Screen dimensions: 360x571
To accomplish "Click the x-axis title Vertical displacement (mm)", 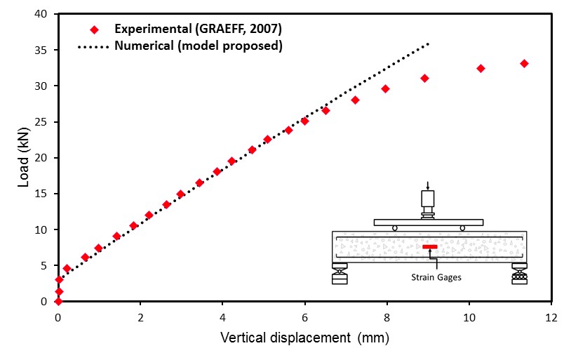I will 304,338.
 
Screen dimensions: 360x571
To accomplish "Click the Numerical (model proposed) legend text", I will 199,47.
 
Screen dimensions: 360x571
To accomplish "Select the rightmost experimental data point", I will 524,63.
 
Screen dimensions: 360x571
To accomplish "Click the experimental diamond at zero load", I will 58,301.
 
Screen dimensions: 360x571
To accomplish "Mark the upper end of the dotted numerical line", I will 429,43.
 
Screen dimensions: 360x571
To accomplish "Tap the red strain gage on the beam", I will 430,246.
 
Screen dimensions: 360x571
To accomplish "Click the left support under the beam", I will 340,274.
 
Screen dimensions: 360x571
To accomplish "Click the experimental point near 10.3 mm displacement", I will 481,68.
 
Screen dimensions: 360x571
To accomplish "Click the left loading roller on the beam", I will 394,228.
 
